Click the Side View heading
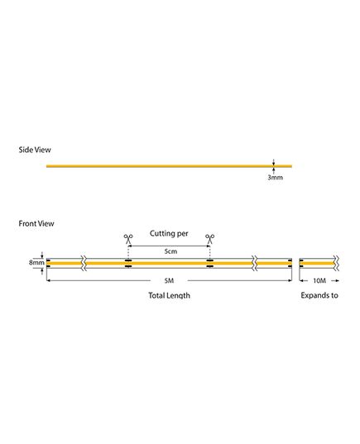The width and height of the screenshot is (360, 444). click(35, 150)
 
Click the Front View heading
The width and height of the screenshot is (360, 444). click(36, 224)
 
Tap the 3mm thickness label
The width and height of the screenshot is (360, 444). click(276, 178)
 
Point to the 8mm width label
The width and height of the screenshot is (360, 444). click(36, 262)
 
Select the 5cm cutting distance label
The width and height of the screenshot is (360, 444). click(170, 251)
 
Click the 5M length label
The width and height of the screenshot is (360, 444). click(169, 280)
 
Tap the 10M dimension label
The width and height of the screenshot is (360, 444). click(319, 280)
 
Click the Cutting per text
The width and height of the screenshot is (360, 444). click(169, 234)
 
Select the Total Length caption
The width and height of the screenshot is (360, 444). click(169, 295)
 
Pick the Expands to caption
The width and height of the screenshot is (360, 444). click(319, 295)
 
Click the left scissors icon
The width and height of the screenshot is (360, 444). click(128, 239)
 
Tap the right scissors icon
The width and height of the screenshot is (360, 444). click(209, 239)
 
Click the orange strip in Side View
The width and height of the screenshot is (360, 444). click(169, 166)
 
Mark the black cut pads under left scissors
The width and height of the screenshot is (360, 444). click(128, 264)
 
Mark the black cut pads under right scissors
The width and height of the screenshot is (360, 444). click(209, 264)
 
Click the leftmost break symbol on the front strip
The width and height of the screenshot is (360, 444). click(84, 264)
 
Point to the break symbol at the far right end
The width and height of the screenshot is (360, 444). click(336, 264)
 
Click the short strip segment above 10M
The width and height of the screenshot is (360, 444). click(317, 264)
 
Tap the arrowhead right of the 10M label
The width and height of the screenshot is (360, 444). click(336, 280)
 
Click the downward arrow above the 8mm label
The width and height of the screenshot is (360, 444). click(42, 255)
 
